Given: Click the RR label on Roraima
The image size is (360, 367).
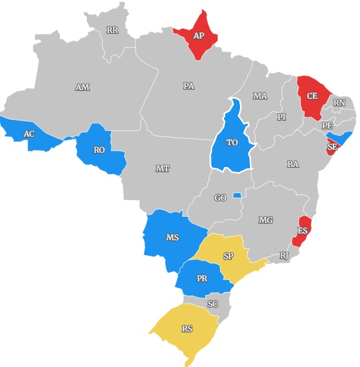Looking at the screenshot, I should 112,30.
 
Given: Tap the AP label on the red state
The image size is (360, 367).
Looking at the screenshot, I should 198,36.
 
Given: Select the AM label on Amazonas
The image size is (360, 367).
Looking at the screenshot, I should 82,88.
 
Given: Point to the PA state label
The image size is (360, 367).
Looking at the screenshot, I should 189,86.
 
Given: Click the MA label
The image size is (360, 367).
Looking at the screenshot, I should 260,96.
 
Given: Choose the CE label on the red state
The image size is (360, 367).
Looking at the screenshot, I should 312,96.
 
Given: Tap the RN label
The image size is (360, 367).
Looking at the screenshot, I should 339,103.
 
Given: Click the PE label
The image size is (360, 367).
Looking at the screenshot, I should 328,125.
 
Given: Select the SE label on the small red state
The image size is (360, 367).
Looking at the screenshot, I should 332,147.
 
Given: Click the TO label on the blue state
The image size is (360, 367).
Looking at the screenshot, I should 232,143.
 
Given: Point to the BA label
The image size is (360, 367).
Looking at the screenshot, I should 293,165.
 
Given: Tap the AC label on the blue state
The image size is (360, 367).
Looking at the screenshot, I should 29,134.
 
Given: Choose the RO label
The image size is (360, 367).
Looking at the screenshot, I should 99,150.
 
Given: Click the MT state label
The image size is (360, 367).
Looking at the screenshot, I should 162,168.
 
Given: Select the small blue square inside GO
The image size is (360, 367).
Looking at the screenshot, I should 236,196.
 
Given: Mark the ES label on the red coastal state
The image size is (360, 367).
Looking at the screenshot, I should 302,231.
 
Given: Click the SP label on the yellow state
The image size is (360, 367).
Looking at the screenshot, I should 228,256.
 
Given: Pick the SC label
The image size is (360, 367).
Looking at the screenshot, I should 213,304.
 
